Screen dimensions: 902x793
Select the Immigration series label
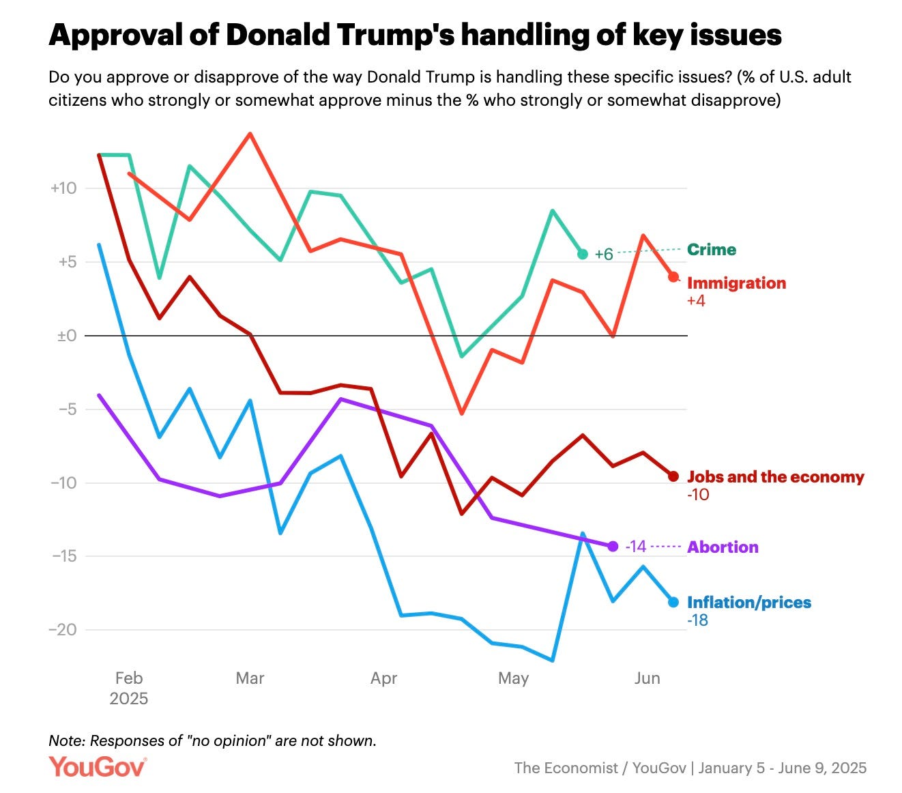tap(736, 283)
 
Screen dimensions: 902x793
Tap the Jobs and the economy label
tap(774, 476)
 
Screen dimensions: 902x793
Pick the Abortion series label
tap(722, 547)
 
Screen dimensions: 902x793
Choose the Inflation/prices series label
tap(748, 602)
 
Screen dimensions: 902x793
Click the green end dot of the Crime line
tap(582, 254)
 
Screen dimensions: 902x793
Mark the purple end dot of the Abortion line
tap(613, 546)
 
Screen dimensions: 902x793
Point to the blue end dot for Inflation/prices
tap(673, 602)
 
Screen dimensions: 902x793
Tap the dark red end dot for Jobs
tap(673, 476)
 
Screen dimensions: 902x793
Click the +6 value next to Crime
tap(604, 255)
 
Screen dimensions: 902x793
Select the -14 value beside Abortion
tap(635, 547)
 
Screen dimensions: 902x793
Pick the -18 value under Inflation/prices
tap(697, 620)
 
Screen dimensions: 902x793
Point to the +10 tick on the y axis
tap(63, 188)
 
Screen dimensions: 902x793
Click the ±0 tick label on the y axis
tap(67, 335)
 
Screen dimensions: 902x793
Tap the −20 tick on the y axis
tap(63, 629)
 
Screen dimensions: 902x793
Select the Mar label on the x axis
tap(250, 678)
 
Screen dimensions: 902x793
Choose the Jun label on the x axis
tap(646, 678)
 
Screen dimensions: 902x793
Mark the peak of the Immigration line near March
tap(250, 134)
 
